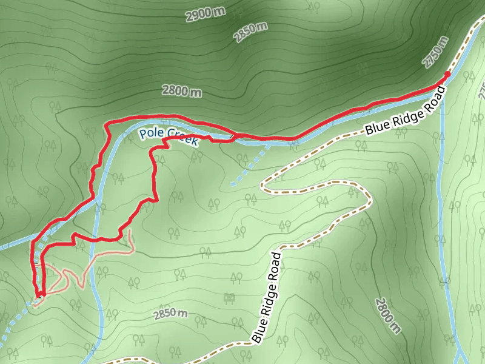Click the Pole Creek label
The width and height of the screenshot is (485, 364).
[x=169, y=137]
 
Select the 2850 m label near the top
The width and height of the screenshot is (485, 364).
[x=250, y=32]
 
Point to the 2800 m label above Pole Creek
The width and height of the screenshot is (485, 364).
[x=181, y=91]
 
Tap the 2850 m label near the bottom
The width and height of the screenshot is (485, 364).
[x=170, y=314]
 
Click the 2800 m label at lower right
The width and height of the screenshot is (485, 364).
[x=388, y=315]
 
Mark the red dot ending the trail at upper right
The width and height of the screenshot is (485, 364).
[x=447, y=74]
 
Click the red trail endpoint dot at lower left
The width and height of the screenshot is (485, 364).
[x=43, y=294]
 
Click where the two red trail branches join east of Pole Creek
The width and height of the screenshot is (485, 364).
[x=236, y=135]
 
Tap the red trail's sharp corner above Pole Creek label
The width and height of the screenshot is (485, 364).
[x=107, y=124]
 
